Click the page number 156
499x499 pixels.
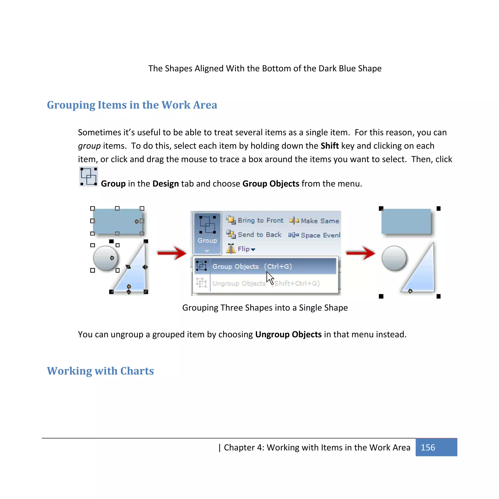pyautogui.click(x=428, y=447)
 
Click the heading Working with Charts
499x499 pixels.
pyautogui.click(x=100, y=371)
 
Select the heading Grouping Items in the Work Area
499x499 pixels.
pyautogui.click(x=132, y=105)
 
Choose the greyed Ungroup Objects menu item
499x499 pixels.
pyautogui.click(x=265, y=283)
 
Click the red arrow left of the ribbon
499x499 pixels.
pyautogui.click(x=172, y=253)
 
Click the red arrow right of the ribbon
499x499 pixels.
pyautogui.click(x=360, y=253)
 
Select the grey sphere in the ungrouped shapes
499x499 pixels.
pyautogui.click(x=105, y=258)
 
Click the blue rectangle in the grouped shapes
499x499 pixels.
pyautogui.click(x=406, y=221)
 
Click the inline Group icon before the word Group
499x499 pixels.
pyautogui.click(x=88, y=177)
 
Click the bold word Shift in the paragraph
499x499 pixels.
pyautogui.click(x=330, y=146)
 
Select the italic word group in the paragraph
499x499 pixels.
pyautogui.click(x=89, y=146)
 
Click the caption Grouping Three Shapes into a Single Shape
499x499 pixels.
pyautogui.click(x=265, y=308)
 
